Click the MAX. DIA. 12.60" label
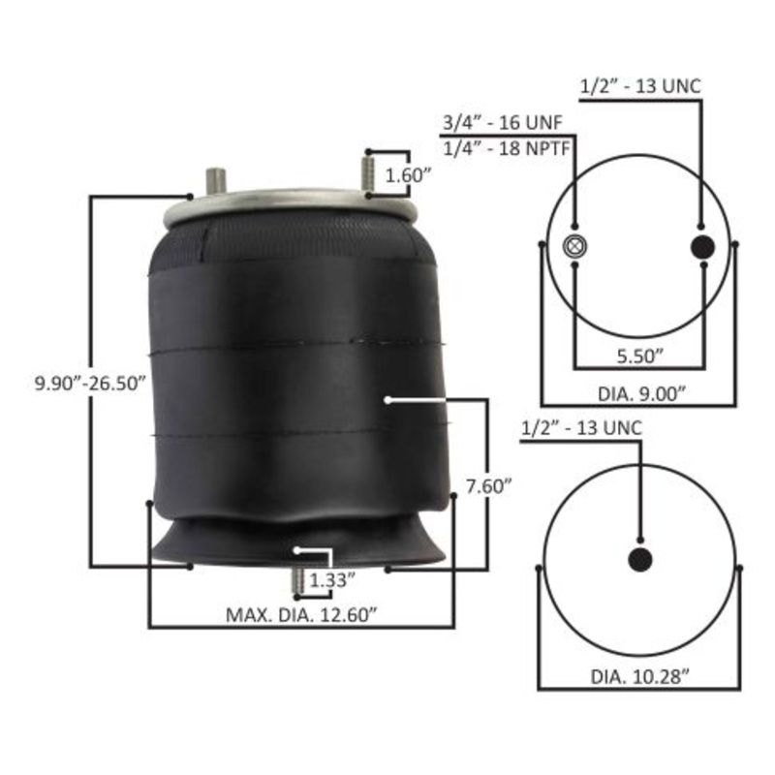(x=300, y=614)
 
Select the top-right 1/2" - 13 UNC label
(x=639, y=85)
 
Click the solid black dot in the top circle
(x=701, y=246)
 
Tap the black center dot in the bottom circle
(x=640, y=559)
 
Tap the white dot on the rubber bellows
(x=387, y=398)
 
